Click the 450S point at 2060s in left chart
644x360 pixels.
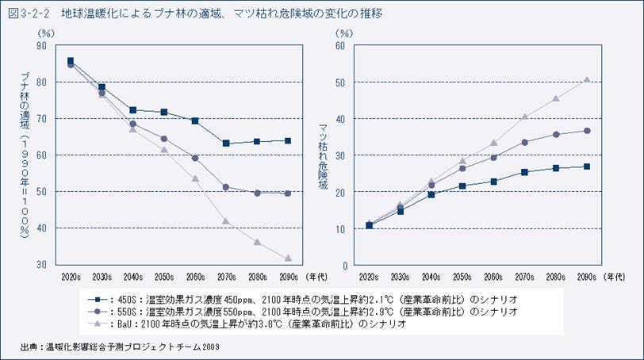point(195,121)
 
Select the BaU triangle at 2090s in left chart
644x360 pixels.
point(288,259)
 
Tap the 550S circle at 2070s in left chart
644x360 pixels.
point(226,187)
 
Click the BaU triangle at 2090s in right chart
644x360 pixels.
point(586,79)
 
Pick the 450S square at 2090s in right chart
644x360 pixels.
point(586,167)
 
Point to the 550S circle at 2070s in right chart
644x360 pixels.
point(524,142)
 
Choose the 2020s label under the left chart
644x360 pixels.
point(71,278)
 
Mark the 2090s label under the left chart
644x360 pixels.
point(288,278)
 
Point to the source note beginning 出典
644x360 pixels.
point(119,347)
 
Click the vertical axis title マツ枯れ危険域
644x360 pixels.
point(323,155)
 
